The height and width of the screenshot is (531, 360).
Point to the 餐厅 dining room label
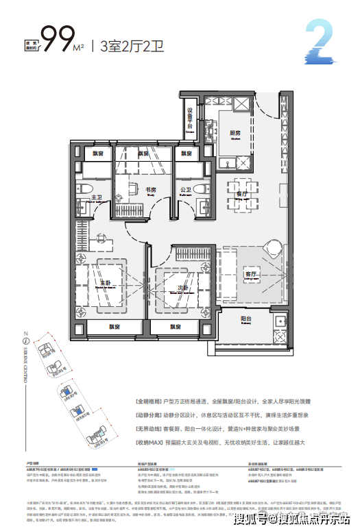[241, 195]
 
